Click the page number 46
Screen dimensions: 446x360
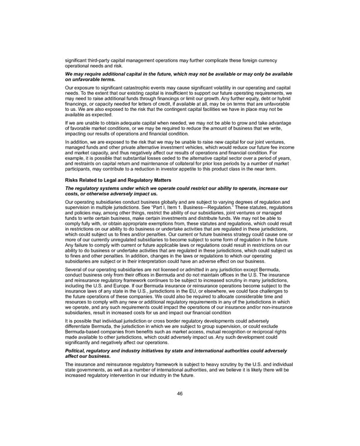[180, 394]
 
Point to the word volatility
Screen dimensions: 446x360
[206, 88]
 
